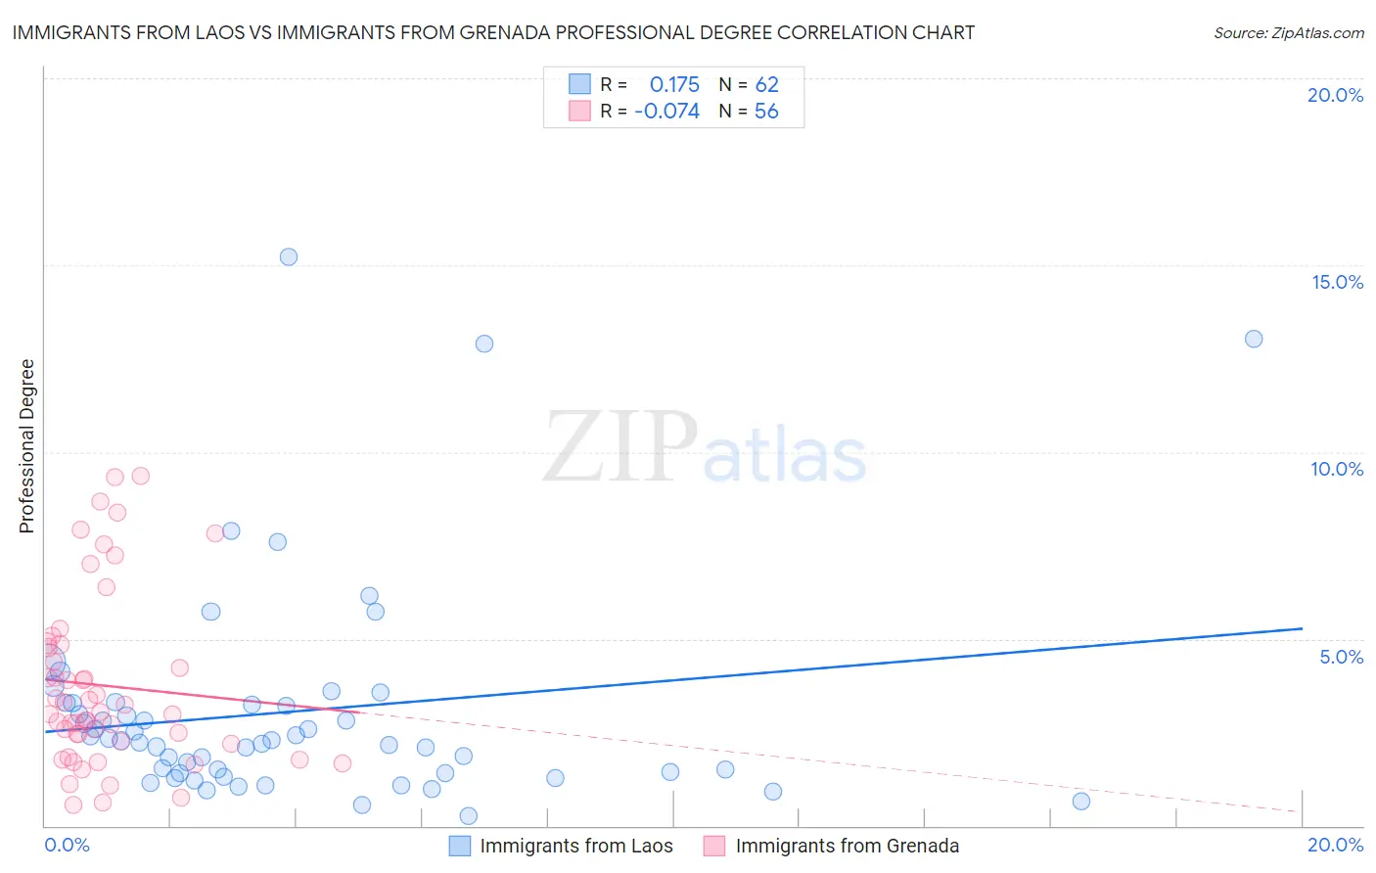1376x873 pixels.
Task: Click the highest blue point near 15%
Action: pos(289,257)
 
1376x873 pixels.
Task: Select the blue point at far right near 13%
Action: pos(1254,339)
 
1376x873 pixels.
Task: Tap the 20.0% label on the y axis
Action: pos(1335,95)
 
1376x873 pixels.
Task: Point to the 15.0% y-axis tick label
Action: pos(1337,282)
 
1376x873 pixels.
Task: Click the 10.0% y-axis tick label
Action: pos(1337,469)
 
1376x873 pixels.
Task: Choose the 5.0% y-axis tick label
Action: pos(1341,657)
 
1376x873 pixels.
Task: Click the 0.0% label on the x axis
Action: pos(67,846)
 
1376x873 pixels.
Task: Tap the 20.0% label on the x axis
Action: pos(1335,846)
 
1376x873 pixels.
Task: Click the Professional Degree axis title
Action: pos(26,446)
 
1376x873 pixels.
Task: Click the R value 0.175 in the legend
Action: pos(674,84)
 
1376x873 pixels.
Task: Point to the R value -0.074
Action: pos(666,112)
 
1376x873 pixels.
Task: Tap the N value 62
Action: pos(766,84)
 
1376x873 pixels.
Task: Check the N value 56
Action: pos(766,112)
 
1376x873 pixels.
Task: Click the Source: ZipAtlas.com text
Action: pos(1288,33)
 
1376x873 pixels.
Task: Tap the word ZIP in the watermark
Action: pos(619,447)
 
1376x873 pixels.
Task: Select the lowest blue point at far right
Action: pos(1081,802)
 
